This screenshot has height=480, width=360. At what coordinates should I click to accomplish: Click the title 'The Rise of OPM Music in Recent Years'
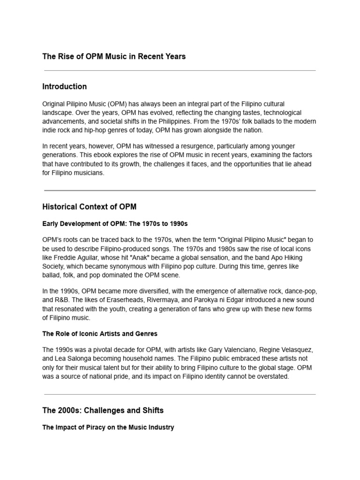(114, 57)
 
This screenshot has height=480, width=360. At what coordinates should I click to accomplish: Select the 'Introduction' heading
(64, 87)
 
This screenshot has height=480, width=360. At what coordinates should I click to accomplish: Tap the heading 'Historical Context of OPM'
(89, 207)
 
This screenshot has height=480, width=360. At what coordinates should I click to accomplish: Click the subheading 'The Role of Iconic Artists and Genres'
(100, 334)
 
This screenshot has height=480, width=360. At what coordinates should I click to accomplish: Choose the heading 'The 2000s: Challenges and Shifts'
(103, 411)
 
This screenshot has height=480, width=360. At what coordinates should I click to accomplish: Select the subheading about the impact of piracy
(108, 427)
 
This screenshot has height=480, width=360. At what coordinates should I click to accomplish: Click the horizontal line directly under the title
(180, 71)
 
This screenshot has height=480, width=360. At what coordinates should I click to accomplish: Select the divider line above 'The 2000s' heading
(180, 394)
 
